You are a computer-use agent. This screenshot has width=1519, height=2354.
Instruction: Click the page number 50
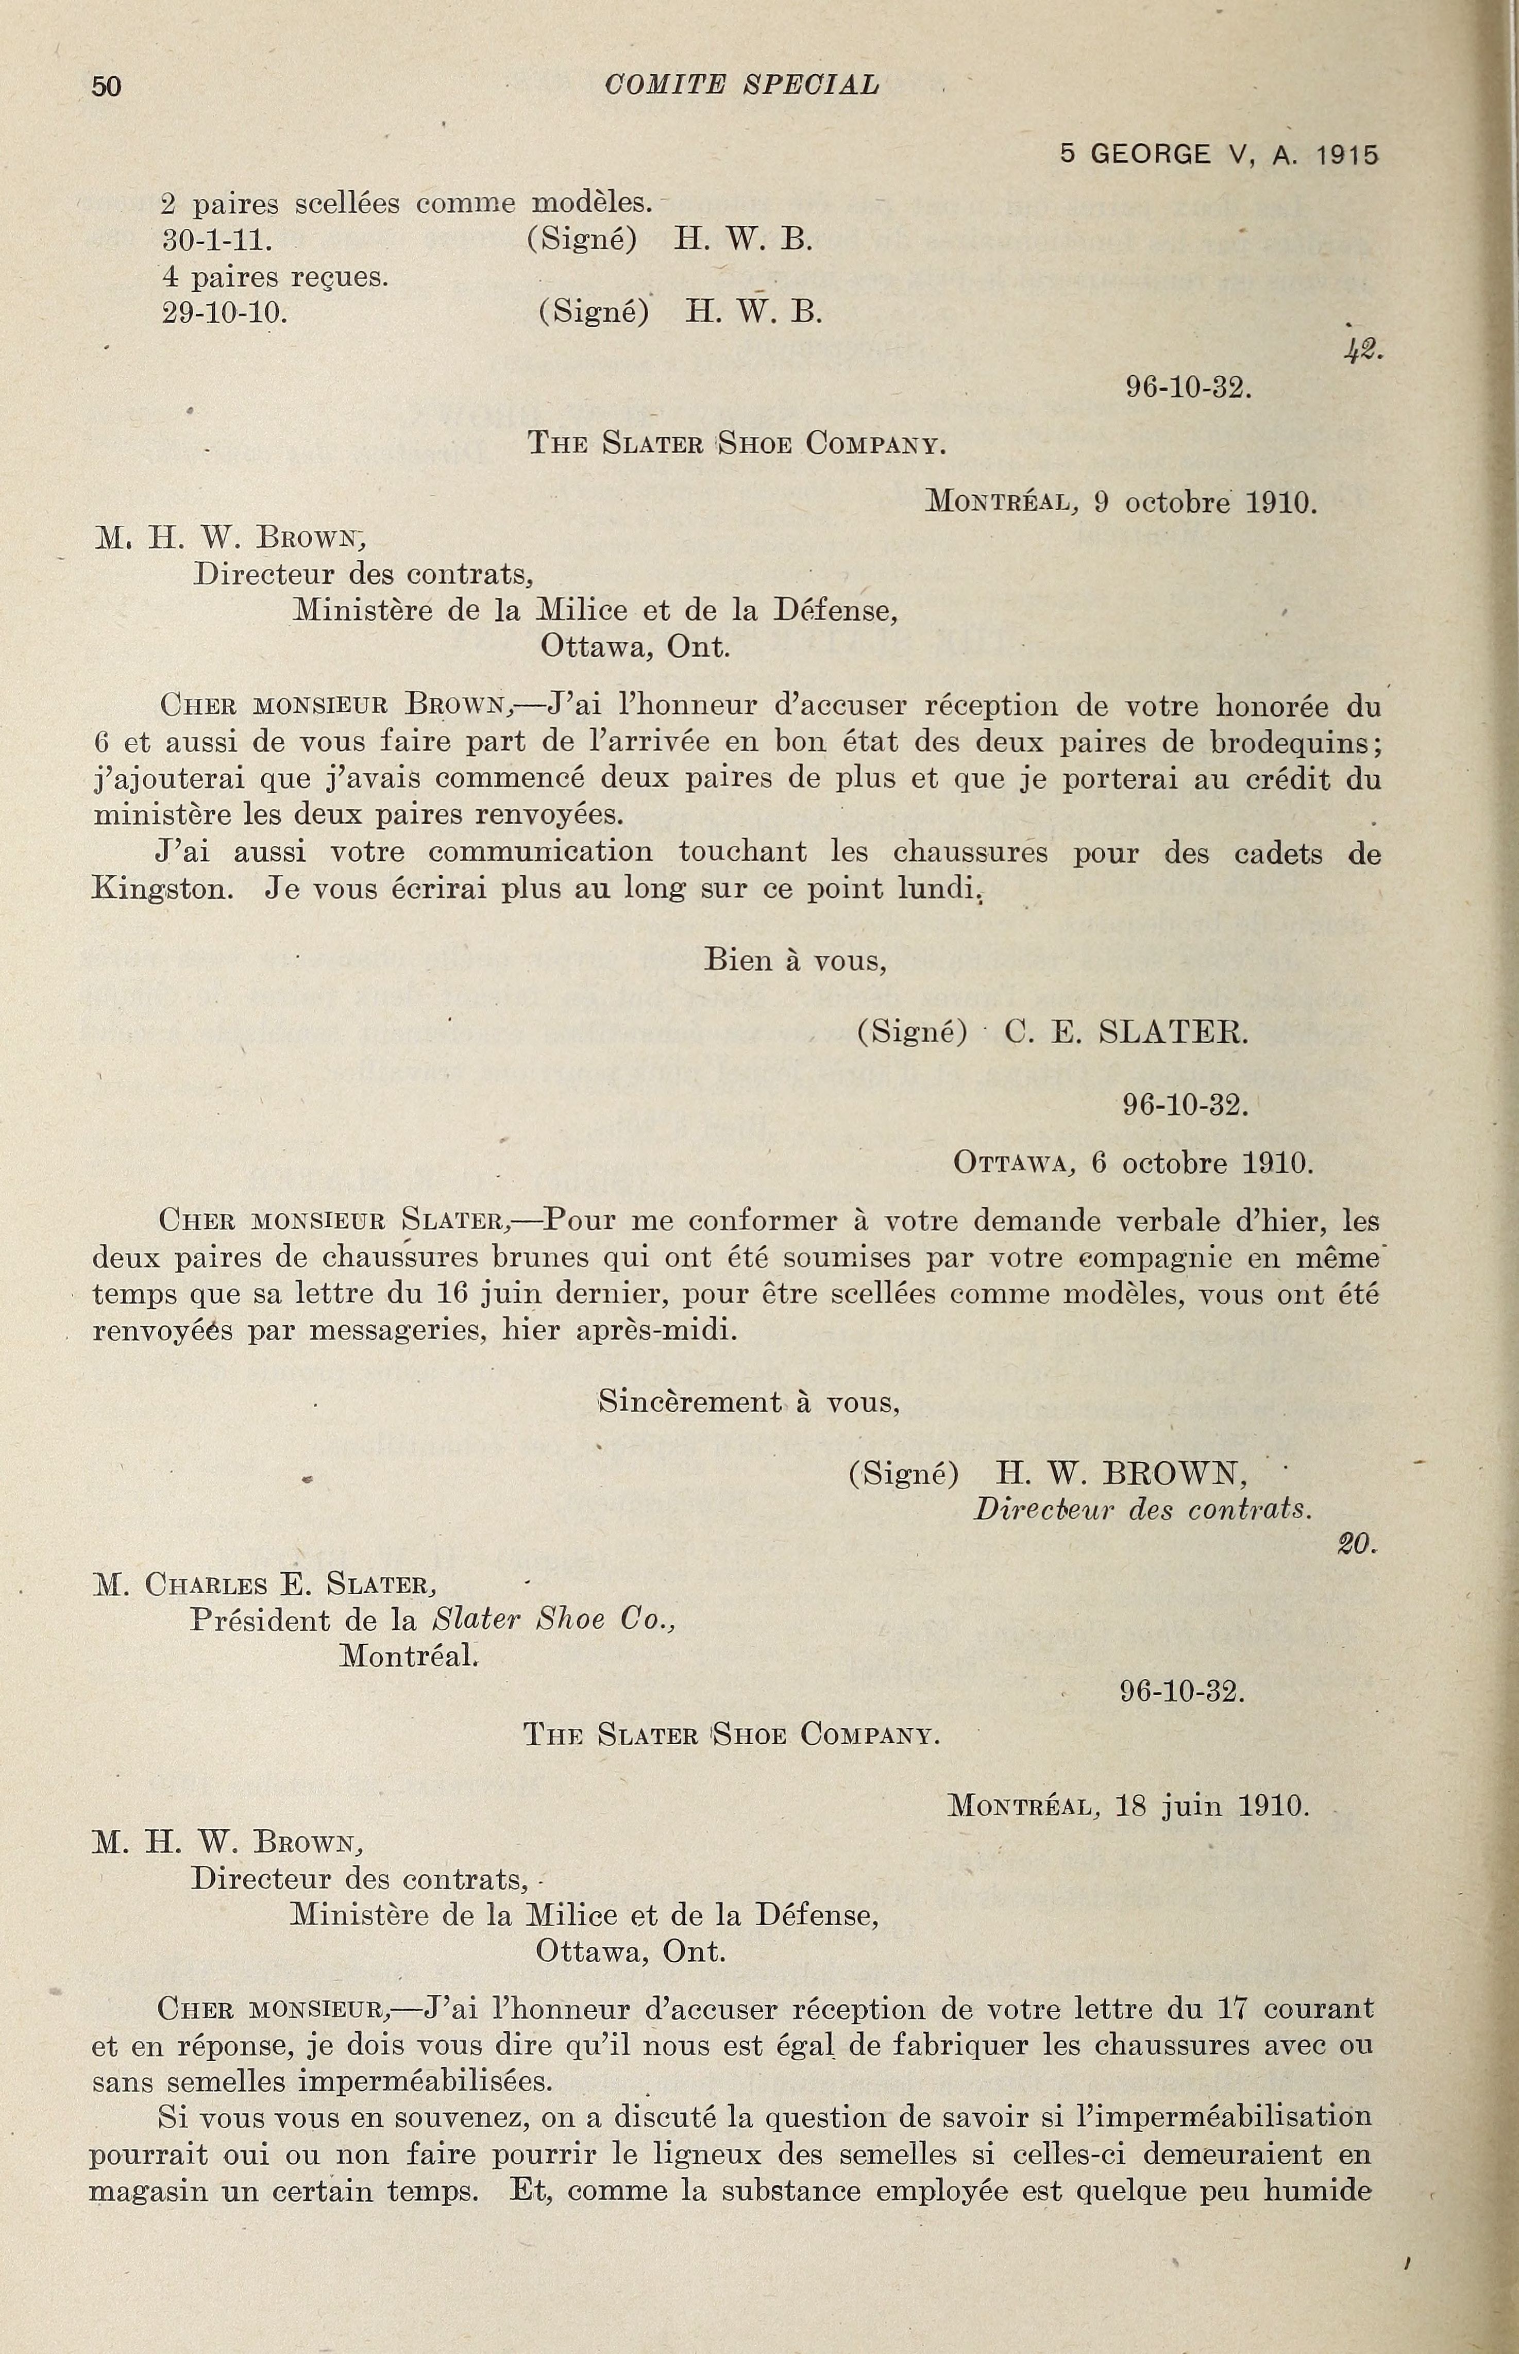pos(107,87)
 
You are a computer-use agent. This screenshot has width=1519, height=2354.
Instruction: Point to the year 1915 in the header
pos(1347,155)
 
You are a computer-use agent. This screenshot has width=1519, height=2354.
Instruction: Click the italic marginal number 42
pos(1364,349)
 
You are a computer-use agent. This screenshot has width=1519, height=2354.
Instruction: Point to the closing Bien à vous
pos(795,960)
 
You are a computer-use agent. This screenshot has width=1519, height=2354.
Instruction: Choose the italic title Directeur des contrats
pos(1143,1510)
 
